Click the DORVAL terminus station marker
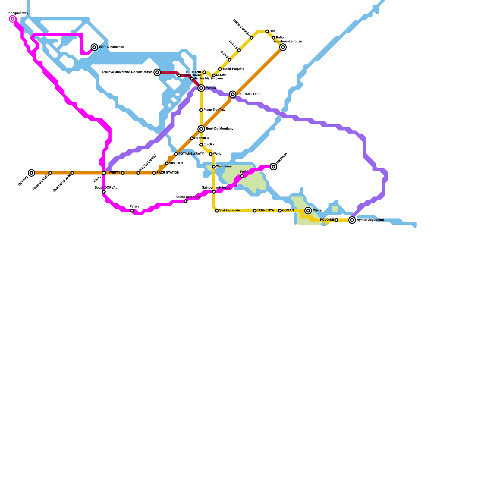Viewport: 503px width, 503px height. pos(31,173)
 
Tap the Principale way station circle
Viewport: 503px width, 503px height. pos(13,19)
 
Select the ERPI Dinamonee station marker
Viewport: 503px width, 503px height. pos(94,47)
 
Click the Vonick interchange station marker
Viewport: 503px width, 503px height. pos(201,88)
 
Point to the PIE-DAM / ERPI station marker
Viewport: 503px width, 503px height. pos(233,94)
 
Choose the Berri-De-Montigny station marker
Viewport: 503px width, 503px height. pos(201,129)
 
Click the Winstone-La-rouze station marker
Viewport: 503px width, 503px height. pos(283,47)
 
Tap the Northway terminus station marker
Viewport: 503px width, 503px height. pos(274,167)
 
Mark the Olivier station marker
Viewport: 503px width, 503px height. pos(308,211)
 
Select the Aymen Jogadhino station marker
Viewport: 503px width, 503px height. pos(352,220)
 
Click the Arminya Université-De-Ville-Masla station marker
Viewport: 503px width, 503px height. pos(157,72)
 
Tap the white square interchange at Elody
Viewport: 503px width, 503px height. pos(104,173)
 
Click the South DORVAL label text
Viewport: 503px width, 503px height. pos(106,188)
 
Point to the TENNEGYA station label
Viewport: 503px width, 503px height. pos(265,211)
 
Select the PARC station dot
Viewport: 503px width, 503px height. pos(242,176)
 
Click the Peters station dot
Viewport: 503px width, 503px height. pos(132,211)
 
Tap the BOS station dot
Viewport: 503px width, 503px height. pos(267,31)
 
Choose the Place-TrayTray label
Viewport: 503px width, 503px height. pos(214,110)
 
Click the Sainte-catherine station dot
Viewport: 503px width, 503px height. pos(185,201)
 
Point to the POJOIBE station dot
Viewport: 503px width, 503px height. pos(336,220)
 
